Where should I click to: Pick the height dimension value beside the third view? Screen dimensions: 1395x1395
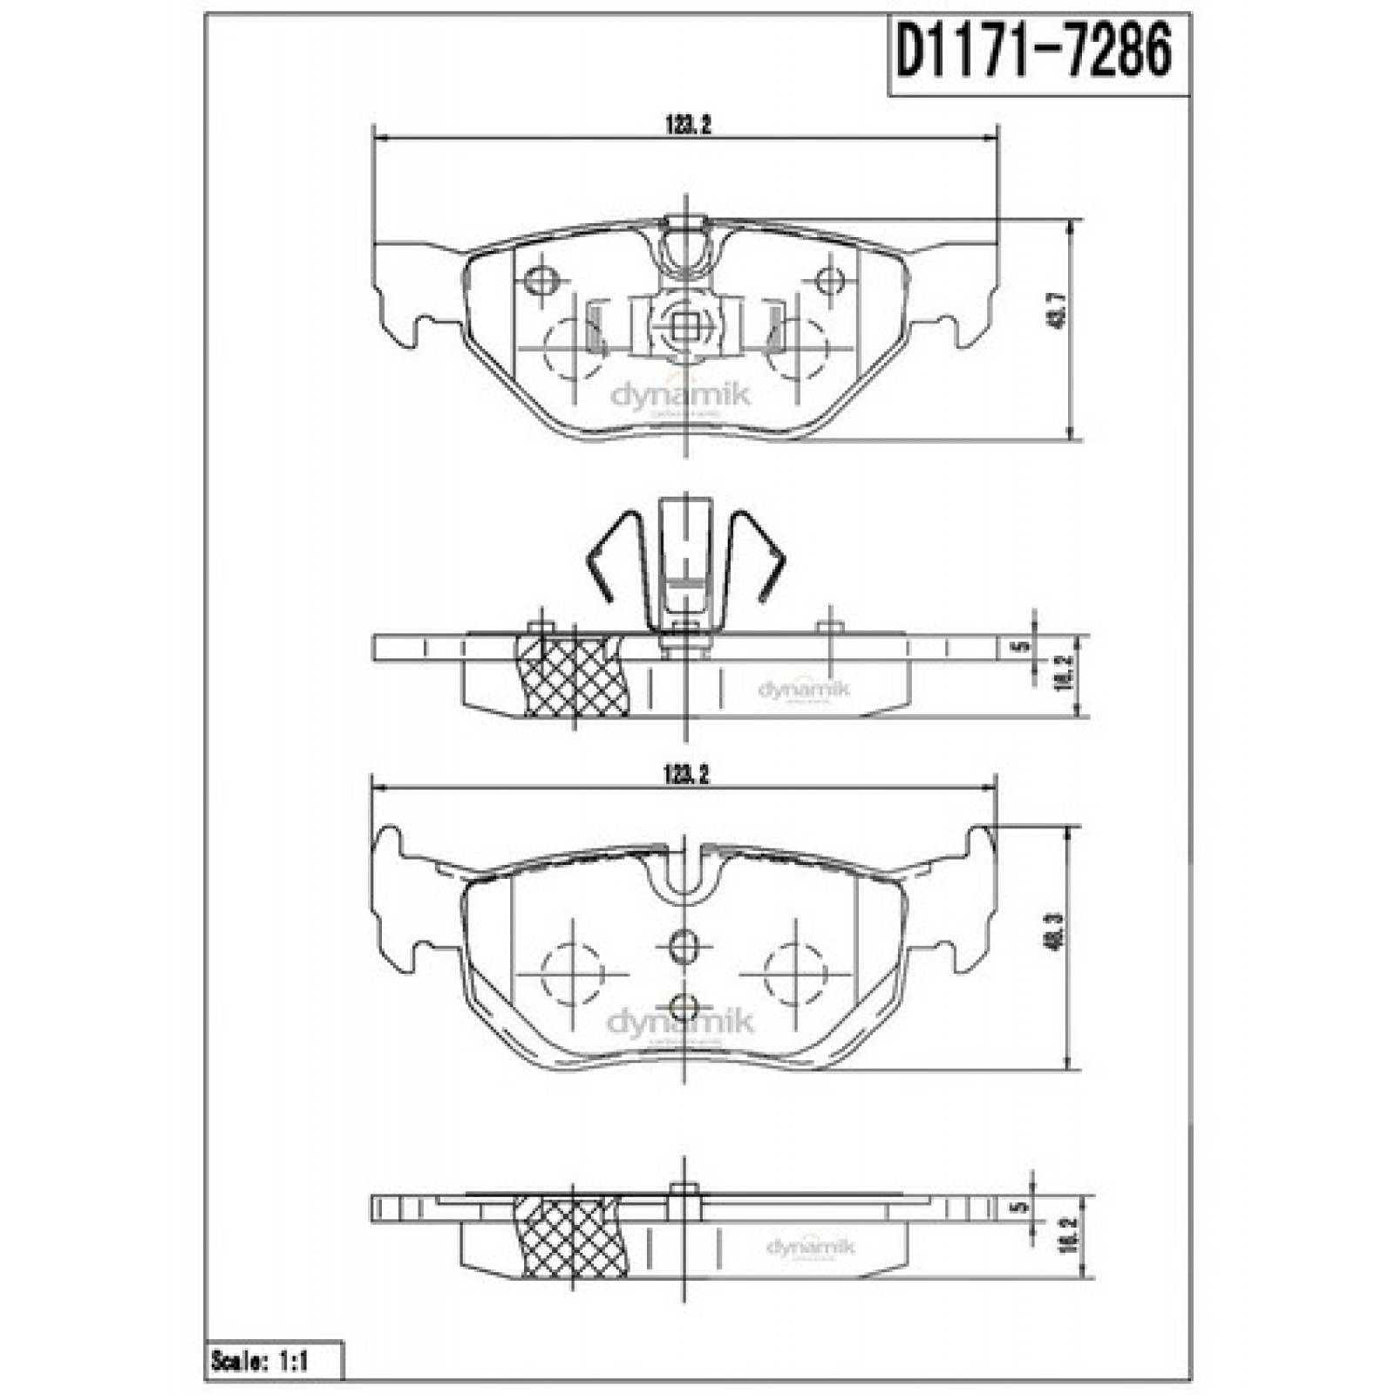coord(1058,946)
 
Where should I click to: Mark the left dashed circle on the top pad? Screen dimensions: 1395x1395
coord(572,349)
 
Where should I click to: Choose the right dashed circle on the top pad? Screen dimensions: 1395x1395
coord(795,349)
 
